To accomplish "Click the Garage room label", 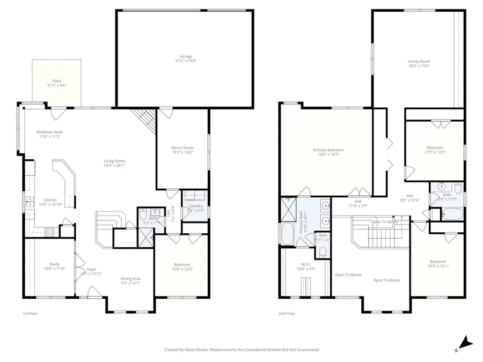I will click(186, 58).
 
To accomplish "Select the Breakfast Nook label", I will click(49, 134).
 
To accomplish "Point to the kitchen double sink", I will click(28, 202).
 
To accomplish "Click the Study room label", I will click(54, 266).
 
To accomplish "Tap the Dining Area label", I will click(130, 280).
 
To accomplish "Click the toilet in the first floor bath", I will click(143, 215).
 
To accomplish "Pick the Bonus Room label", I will click(182, 150).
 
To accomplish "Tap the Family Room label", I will click(419, 64).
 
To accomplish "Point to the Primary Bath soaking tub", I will click(284, 234).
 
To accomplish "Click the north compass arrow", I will click(466, 342).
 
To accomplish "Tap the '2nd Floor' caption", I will click(287, 313).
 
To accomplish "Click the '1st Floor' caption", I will click(30, 313).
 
